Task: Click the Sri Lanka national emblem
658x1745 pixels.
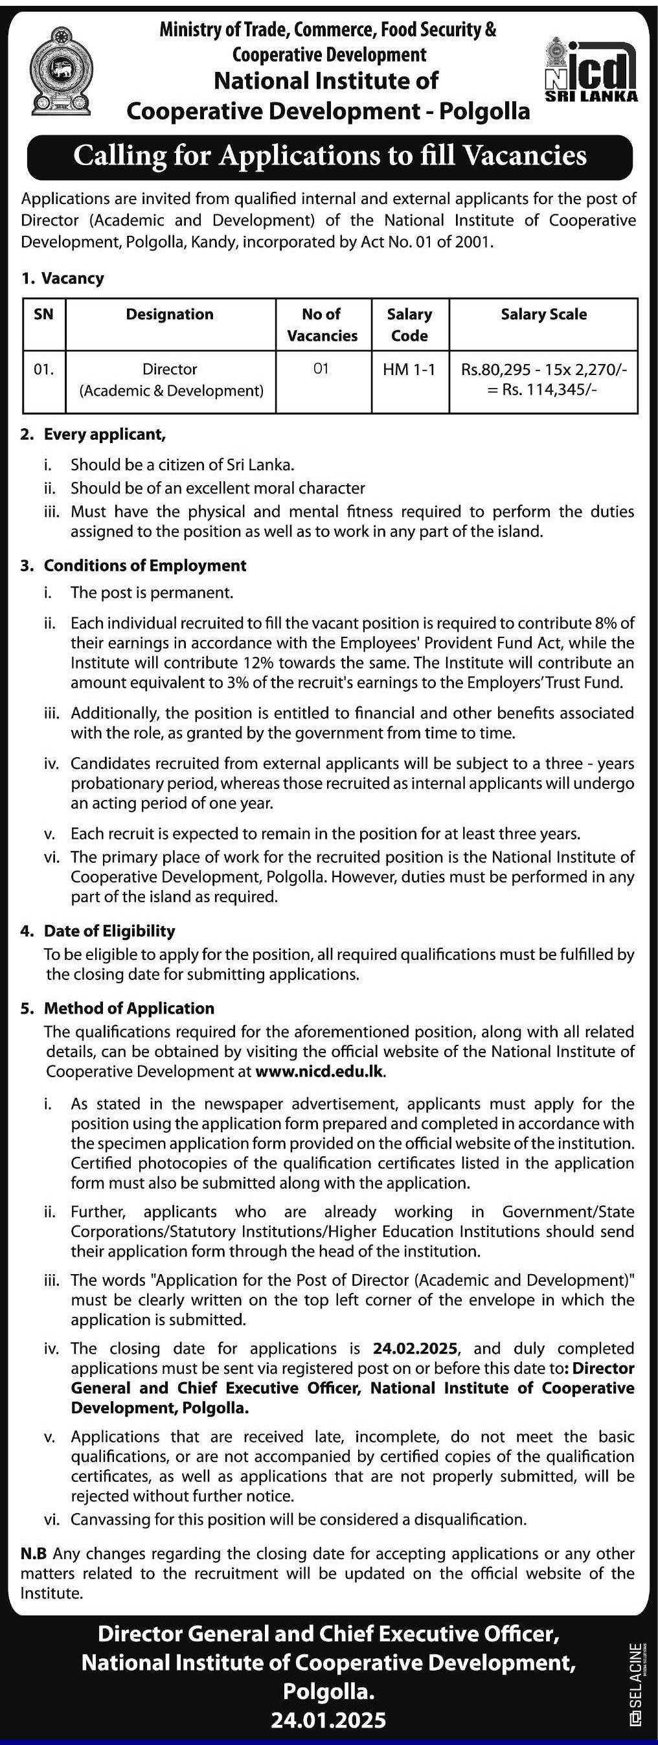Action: click(x=60, y=71)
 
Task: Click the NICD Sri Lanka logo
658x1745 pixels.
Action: click(x=591, y=71)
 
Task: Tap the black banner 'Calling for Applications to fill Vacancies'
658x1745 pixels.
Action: click(x=330, y=156)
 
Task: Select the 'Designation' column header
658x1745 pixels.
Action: click(x=170, y=314)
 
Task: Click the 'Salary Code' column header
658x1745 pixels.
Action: click(x=409, y=325)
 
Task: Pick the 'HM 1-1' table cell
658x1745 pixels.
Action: click(x=409, y=369)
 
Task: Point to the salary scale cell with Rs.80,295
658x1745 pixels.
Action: click(x=543, y=380)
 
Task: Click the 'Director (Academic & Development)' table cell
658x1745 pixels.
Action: click(x=170, y=380)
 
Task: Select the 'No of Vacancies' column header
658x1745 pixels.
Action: click(x=322, y=325)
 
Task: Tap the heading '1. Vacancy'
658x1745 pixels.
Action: click(x=62, y=279)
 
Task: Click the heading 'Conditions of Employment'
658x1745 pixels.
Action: click(x=145, y=565)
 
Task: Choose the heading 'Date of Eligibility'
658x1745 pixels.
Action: click(x=109, y=931)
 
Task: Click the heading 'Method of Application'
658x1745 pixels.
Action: click(x=129, y=1008)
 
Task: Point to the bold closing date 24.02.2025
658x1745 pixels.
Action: click(x=415, y=1348)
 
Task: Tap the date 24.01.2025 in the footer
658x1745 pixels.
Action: click(x=328, y=1720)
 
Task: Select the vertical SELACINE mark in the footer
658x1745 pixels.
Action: click(x=635, y=1684)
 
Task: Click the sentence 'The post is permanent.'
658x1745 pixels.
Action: click(x=152, y=593)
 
